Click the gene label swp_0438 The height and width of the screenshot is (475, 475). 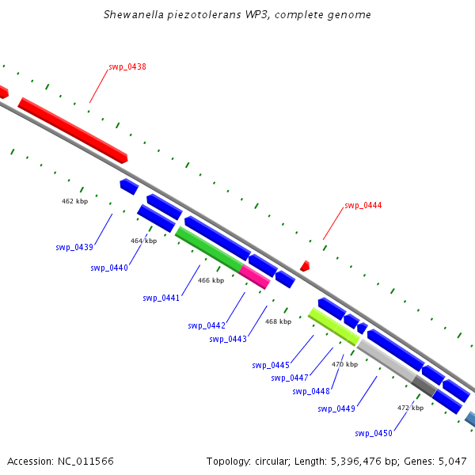127,67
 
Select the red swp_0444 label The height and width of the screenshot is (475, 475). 363,206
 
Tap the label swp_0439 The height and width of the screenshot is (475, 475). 74,248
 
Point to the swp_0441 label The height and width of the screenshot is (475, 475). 161,298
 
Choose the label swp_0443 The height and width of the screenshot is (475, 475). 228,340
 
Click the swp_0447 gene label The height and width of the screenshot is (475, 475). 289,378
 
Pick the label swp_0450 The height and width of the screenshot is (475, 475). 374,433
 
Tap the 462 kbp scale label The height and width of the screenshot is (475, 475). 74,201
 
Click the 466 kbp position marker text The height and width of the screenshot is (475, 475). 211,280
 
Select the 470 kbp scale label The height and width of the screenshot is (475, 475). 344,364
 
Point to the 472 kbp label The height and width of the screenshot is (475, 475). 410,408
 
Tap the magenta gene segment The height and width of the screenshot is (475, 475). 254,276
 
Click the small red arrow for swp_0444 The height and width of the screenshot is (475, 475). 305,267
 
